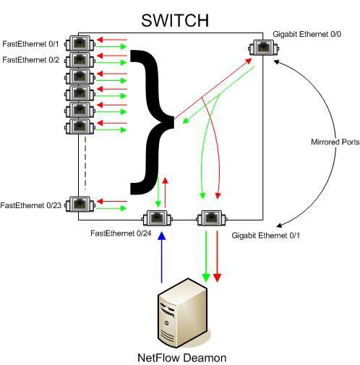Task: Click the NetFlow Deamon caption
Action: (x=181, y=357)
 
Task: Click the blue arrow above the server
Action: (x=161, y=257)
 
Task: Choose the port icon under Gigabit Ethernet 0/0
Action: (x=261, y=49)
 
